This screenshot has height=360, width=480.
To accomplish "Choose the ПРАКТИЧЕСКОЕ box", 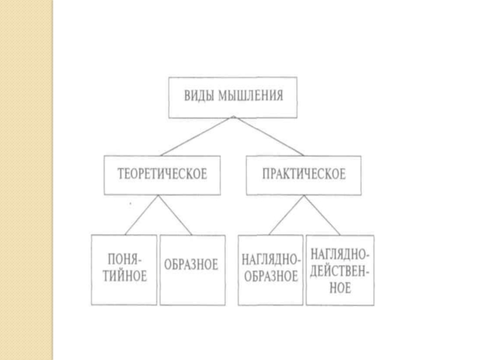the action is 304,175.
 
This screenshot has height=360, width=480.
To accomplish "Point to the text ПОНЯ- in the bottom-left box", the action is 124,261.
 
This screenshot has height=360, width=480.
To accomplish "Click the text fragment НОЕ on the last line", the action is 340,288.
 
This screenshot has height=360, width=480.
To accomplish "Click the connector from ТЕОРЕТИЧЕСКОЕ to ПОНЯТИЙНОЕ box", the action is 141,215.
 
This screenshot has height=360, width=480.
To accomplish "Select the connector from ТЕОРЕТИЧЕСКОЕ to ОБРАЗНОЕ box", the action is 176,215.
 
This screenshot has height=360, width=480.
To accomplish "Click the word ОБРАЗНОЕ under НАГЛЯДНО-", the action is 270,277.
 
